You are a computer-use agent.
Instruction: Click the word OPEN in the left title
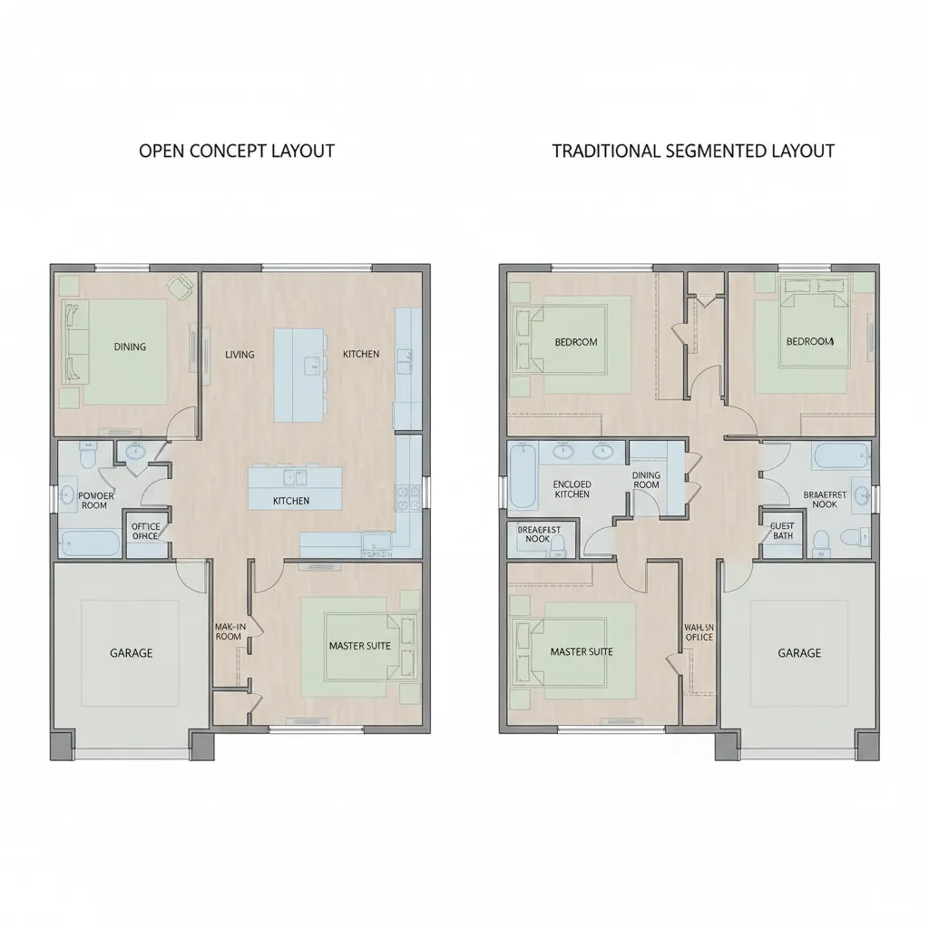coord(160,151)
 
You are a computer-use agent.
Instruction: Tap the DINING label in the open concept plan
coord(130,347)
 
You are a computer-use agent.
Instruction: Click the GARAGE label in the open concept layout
coord(132,652)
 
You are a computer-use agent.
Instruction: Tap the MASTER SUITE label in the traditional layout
coord(581,651)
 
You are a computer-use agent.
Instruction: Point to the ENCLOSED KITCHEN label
coord(572,489)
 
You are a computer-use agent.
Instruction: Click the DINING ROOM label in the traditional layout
coord(646,480)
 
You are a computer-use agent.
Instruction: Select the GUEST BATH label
coord(781,531)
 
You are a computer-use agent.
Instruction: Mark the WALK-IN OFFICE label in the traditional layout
coord(699,631)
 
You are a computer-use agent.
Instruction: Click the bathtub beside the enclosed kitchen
coord(523,475)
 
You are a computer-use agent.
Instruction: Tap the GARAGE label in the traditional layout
coord(799,652)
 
